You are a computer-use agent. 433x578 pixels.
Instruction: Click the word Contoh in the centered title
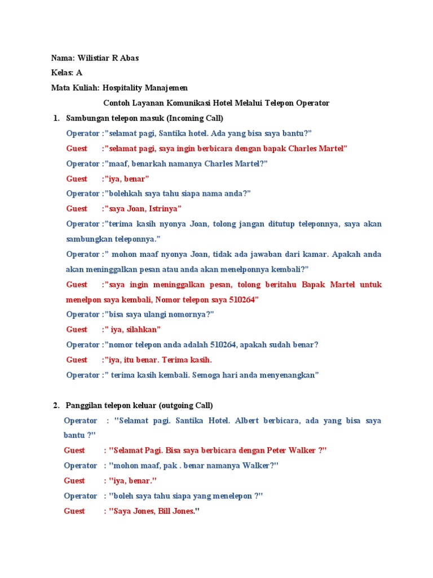point(116,103)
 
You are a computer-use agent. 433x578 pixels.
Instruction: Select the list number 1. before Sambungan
point(56,118)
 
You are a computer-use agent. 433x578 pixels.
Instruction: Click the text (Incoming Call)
point(194,118)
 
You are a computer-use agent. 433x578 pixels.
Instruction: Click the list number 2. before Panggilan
point(56,405)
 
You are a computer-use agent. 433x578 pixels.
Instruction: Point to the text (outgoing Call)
point(185,405)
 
